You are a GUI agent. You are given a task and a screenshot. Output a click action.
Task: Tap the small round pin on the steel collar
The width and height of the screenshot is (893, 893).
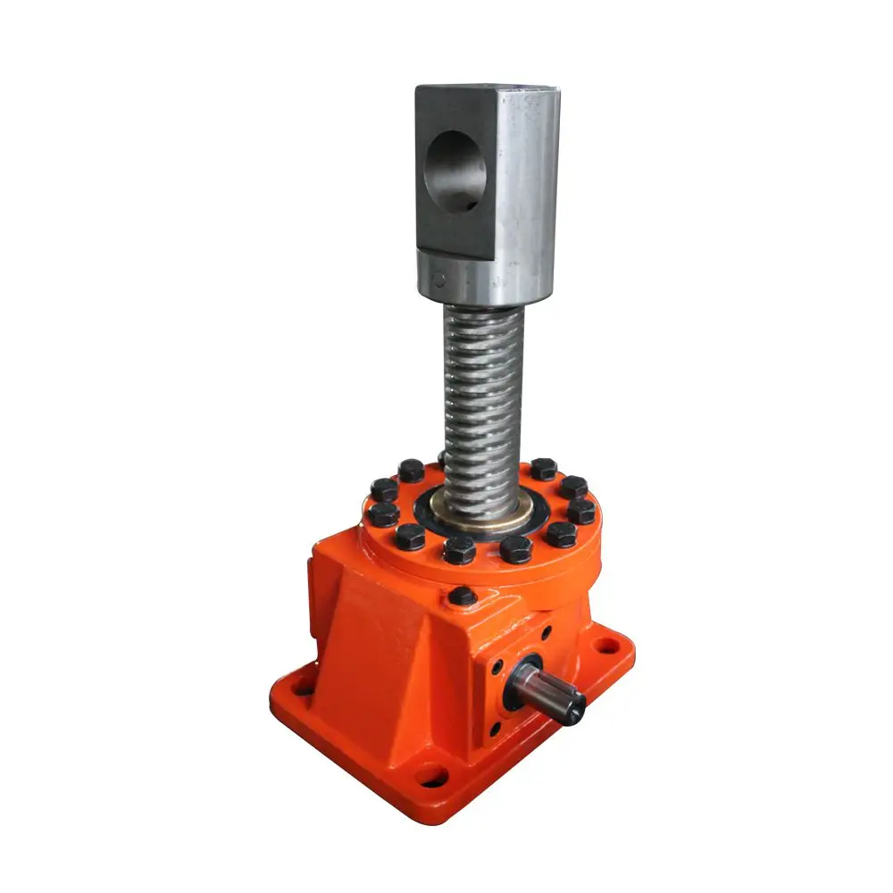click(438, 279)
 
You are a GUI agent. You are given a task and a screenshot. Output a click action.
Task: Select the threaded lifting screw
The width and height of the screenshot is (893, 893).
click(483, 393)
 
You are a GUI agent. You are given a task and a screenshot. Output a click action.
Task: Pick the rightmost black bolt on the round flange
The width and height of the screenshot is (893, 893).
click(581, 511)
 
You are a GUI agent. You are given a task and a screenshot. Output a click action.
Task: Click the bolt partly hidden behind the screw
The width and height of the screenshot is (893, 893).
click(443, 460)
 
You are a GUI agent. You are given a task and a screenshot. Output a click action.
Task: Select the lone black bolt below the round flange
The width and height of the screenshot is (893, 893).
click(462, 596)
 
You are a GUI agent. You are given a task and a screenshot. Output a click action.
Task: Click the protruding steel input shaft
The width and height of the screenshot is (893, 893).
click(549, 692)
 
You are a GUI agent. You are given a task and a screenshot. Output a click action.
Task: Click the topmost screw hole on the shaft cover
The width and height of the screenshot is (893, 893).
click(546, 632)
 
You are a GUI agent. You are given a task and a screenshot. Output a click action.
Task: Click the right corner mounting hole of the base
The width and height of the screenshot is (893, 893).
click(607, 641)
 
